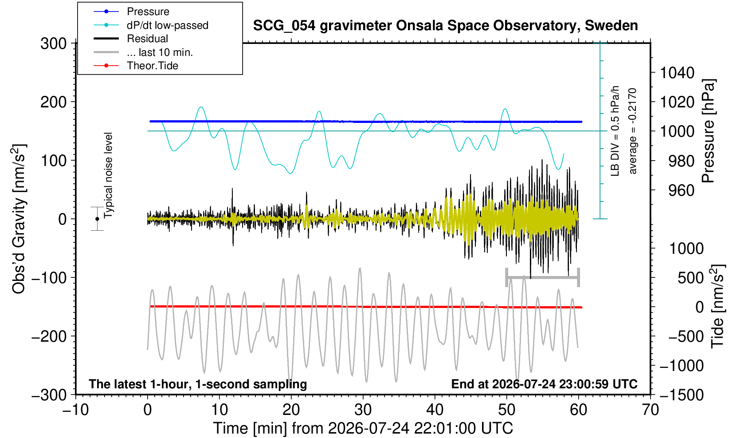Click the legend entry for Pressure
[x=131, y=12]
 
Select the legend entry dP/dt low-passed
[x=151, y=25]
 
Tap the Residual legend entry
[x=130, y=39]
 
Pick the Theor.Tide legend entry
[x=136, y=66]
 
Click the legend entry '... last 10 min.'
[x=143, y=52]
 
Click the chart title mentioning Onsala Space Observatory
[x=445, y=26]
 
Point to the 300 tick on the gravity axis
[x=53, y=43]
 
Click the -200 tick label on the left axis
[x=49, y=336]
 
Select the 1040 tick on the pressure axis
[x=677, y=73]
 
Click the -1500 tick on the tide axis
[x=682, y=395]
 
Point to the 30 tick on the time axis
[x=363, y=410]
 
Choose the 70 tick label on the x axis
[x=650, y=410]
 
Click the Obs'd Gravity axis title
[x=19, y=219]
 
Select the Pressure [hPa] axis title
[x=708, y=131]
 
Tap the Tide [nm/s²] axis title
[x=717, y=306]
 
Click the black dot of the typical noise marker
[x=97, y=219]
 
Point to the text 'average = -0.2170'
[x=632, y=131]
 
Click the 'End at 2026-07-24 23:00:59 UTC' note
[x=544, y=384]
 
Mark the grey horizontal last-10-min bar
[x=543, y=277]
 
